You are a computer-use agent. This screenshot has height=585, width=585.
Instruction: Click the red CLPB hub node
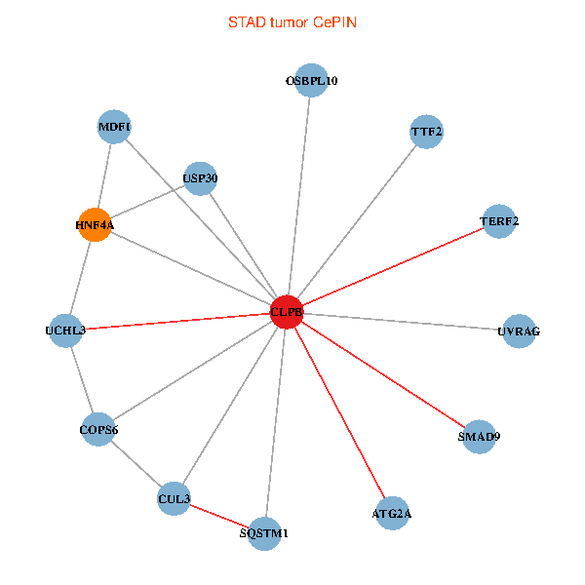(287, 312)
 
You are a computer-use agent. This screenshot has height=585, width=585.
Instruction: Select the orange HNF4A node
(95, 225)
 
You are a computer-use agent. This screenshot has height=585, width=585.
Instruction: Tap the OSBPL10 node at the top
(311, 81)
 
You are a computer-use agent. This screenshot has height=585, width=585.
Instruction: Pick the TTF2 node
(427, 132)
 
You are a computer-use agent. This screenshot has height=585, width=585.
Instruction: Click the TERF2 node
(499, 221)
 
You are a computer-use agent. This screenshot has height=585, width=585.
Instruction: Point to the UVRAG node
(518, 331)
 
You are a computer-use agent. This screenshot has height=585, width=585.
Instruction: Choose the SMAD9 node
(479, 436)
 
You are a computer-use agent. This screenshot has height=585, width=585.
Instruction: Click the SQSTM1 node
(265, 533)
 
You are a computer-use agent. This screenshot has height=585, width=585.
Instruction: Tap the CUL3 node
(174, 499)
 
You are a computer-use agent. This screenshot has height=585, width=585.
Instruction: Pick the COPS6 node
(98, 429)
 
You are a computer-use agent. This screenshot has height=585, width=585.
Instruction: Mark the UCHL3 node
(66, 331)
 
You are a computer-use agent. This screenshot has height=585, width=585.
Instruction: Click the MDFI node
(115, 127)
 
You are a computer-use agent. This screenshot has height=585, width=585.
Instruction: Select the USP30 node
(200, 178)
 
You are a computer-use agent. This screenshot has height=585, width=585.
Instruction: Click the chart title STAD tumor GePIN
(292, 21)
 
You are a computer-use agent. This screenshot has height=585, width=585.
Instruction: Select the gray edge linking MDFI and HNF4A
(105, 175)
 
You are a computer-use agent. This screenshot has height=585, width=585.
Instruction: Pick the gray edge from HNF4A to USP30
(147, 202)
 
